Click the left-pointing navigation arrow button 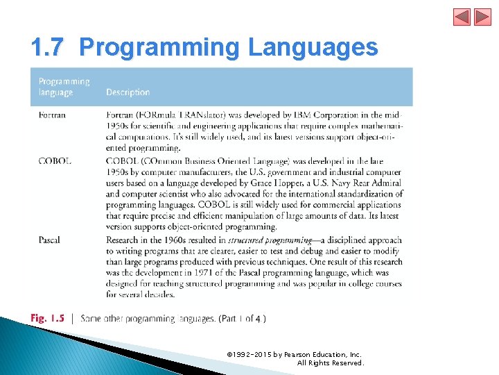(x=462, y=17)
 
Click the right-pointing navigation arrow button (x=482, y=17)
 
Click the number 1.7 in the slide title (x=48, y=47)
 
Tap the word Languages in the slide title (x=313, y=47)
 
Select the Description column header (x=128, y=92)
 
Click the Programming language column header (x=64, y=86)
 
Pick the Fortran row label (x=52, y=115)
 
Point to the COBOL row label (x=54, y=161)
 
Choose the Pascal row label (x=49, y=240)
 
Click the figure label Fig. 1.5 (x=47, y=319)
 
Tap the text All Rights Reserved (x=330, y=362)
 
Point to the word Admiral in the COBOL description (x=387, y=183)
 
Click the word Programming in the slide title (x=159, y=47)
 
